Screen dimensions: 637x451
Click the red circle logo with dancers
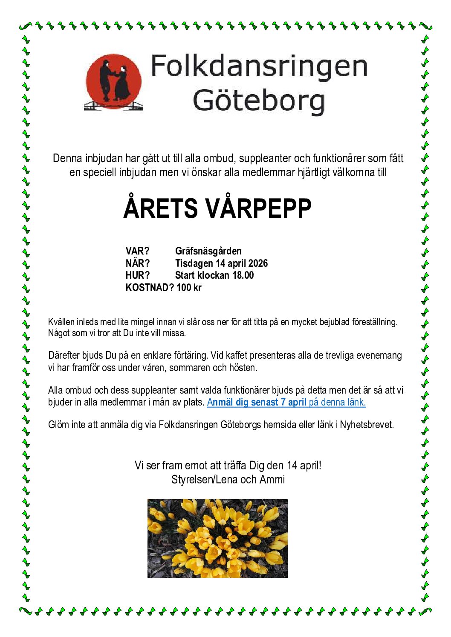pyautogui.click(x=113, y=82)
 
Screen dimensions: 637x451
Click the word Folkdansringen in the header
pyautogui.click(x=259, y=67)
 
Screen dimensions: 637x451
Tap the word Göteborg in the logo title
pyautogui.click(x=259, y=101)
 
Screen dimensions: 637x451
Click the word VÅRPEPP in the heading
pyautogui.click(x=263, y=208)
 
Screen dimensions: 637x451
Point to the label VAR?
pyautogui.click(x=137, y=251)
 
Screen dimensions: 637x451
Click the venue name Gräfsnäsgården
pyautogui.click(x=208, y=251)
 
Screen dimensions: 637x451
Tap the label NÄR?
pyautogui.click(x=138, y=263)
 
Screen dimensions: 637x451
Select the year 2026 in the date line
pyautogui.click(x=258, y=263)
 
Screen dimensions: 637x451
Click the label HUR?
pyautogui.click(x=138, y=275)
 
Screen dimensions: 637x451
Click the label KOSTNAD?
pyautogui.click(x=150, y=288)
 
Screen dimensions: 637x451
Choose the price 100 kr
pyautogui.click(x=189, y=288)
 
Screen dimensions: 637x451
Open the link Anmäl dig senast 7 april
pyautogui.click(x=257, y=402)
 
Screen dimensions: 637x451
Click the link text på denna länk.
pyautogui.click(x=337, y=402)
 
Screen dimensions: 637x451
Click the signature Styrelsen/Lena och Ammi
pyautogui.click(x=228, y=480)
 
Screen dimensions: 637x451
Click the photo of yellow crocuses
pyautogui.click(x=217, y=538)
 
